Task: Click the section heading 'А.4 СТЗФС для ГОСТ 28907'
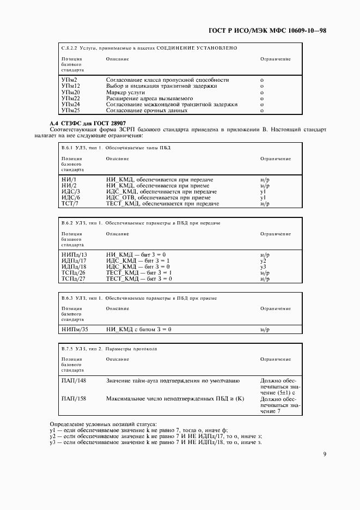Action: (x=88, y=124)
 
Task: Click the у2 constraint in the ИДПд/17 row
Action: (x=263, y=260)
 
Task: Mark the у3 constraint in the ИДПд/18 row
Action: (x=263, y=266)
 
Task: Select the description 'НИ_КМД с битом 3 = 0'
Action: (x=139, y=330)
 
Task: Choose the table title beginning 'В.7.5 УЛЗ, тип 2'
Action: (x=109, y=348)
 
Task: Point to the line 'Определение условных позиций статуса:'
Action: (x=103, y=424)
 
